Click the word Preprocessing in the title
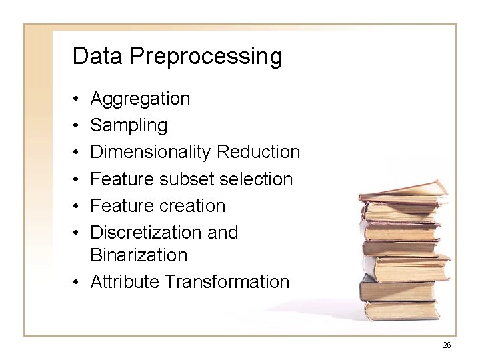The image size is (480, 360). point(206,57)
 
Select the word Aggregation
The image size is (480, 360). point(140,99)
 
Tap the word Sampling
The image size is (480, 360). point(129,126)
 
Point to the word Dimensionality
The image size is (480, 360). point(151,153)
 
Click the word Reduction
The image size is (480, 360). point(259,153)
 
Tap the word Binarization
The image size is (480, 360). point(139,255)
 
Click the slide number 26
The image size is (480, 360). point(447,345)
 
